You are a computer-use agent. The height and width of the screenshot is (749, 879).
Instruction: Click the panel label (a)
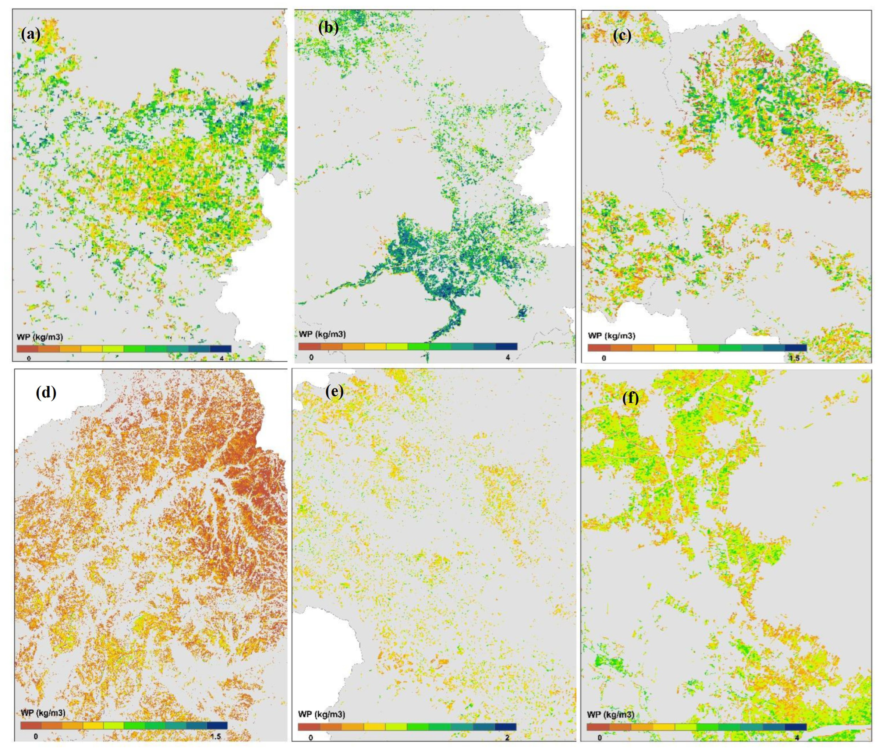click(31, 35)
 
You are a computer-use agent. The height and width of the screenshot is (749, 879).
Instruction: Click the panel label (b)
click(328, 28)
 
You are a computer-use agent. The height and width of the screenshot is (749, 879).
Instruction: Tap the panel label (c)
click(622, 36)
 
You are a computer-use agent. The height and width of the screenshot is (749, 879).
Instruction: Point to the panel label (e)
click(334, 392)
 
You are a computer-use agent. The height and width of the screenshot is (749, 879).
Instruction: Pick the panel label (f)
click(630, 398)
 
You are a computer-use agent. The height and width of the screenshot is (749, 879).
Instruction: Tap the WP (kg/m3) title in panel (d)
click(43, 712)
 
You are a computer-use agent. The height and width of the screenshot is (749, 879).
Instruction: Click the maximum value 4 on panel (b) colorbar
click(508, 357)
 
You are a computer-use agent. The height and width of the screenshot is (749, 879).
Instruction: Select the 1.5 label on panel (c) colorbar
click(794, 358)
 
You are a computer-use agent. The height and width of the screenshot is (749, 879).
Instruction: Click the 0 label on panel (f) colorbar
click(599, 738)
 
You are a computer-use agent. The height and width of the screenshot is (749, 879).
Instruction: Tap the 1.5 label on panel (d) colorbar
click(215, 737)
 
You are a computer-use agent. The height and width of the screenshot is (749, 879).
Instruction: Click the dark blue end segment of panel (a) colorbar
click(220, 349)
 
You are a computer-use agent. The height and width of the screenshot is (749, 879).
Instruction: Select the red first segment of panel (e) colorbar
click(309, 727)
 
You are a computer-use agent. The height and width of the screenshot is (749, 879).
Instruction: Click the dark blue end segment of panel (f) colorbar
click(795, 727)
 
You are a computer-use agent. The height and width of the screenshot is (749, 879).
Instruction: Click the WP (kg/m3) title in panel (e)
click(322, 713)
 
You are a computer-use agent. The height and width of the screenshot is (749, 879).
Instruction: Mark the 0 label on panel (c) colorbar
click(604, 358)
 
